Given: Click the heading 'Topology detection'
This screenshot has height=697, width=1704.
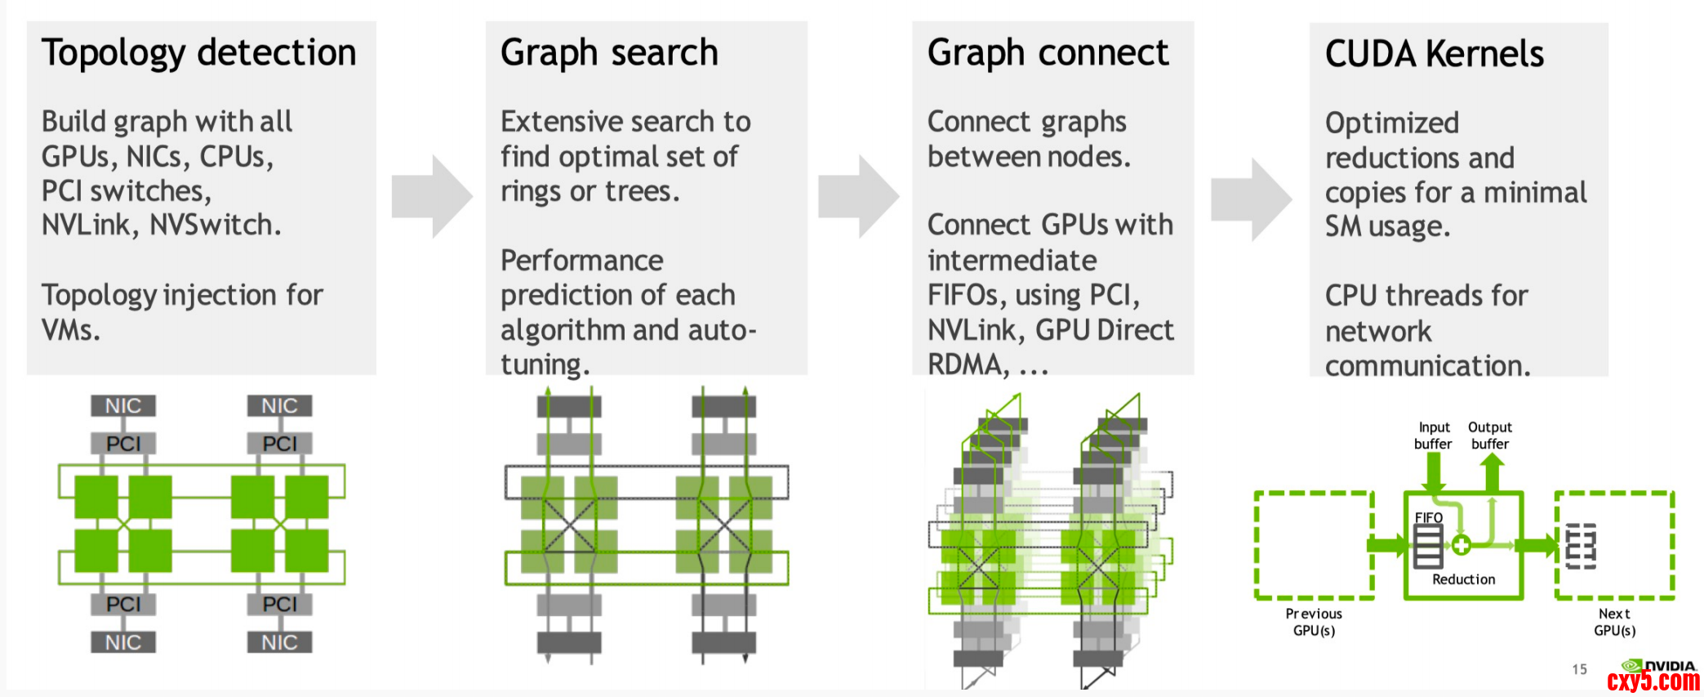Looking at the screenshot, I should point(198,53).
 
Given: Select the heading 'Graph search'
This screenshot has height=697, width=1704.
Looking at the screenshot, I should point(609,53).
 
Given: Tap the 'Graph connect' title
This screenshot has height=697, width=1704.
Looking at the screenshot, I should point(1048,53).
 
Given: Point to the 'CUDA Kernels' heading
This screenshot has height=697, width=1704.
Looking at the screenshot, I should point(1434,54).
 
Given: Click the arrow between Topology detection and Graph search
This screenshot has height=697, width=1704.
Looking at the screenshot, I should point(432,196).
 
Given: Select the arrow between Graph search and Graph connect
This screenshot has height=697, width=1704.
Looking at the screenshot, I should point(858,196).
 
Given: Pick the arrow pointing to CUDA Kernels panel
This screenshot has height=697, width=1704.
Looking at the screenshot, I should point(1251,199).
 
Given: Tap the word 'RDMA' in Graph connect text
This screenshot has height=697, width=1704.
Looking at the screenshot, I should point(968,364).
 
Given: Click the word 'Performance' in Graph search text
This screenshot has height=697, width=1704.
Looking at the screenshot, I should point(581,261).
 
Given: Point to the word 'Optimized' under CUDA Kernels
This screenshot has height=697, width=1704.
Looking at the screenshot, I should point(1391,123).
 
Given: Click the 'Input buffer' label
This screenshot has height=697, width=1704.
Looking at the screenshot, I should point(1433,436).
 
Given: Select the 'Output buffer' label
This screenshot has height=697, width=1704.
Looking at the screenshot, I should point(1489,436).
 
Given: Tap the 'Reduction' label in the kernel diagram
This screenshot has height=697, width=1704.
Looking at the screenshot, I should point(1463,579).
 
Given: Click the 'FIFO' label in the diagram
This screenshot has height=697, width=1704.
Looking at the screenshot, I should point(1428,517).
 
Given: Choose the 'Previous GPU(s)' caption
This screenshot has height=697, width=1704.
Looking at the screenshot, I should point(1314,622).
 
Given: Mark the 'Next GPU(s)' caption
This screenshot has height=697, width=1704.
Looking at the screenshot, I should point(1614,622).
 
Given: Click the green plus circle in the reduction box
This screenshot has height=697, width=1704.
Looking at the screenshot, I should point(1461,545).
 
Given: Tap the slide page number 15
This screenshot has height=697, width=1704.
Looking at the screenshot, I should point(1579,669).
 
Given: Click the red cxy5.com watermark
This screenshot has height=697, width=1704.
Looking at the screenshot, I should point(1653,681).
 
